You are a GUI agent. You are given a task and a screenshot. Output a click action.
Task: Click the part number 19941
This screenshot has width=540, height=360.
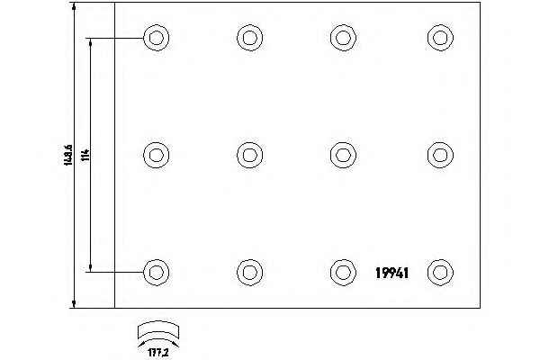pos(391,273)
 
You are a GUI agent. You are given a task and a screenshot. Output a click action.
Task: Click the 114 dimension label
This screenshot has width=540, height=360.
pos(85,155)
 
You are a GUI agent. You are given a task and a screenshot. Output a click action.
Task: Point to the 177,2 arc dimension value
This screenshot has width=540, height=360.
pos(158,353)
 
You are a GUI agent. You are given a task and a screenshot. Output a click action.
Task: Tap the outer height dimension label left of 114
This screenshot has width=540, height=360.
pos(67,155)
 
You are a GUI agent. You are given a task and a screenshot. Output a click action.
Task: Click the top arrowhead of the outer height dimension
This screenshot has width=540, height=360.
pos(74,6)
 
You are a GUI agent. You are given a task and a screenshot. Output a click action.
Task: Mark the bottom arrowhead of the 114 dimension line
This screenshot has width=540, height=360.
pos(91,267)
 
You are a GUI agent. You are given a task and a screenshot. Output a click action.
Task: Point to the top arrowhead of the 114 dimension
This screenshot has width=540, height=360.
pos(91,42)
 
